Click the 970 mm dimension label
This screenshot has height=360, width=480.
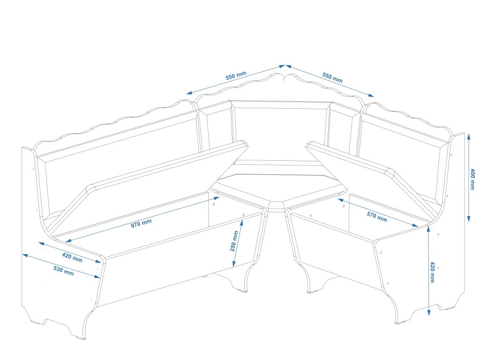(x=141, y=224)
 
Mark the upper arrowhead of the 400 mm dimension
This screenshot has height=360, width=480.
(x=469, y=136)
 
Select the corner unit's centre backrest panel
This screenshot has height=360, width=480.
(x=280, y=131)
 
